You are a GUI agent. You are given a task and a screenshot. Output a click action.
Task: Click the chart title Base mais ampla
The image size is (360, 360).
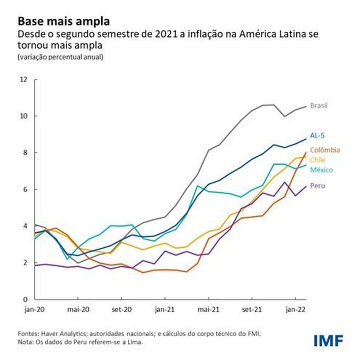tap(63, 21)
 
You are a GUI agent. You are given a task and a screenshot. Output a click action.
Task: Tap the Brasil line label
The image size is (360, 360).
tap(319, 106)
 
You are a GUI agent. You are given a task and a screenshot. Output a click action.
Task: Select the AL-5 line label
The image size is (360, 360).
tap(317, 136)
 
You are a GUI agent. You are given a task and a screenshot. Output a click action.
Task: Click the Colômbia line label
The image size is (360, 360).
tap(325, 150)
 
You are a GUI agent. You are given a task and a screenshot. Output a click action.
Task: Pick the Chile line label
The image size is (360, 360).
tap(317, 160)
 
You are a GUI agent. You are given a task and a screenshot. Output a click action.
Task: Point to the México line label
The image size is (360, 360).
tap(322, 170)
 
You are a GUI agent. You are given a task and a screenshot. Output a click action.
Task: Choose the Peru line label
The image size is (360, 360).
tap(317, 186)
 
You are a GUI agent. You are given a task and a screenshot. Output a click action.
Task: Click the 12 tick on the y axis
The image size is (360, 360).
tap(24, 79)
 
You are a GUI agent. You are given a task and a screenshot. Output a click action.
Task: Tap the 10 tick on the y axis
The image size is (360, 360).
tap(24, 116)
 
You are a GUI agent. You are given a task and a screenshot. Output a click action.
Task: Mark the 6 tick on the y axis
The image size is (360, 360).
tap(26, 190)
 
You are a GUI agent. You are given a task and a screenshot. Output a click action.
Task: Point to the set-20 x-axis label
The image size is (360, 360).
tap(121, 310)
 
